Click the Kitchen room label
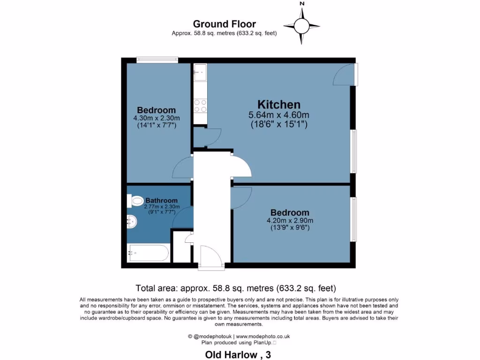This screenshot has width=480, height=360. point(279,105)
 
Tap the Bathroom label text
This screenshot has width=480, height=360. point(161,200)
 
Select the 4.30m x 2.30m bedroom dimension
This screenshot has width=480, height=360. point(157,118)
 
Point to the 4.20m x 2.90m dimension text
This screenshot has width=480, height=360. point(290,221)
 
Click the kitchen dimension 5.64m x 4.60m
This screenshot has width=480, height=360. point(279,115)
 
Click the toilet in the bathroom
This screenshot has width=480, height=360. point(135,201)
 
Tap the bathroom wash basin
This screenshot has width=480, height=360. point(132,221)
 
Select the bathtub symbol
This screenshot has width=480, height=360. point(148,254)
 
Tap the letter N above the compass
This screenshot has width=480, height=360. point(302,4)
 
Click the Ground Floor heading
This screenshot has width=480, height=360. point(225,24)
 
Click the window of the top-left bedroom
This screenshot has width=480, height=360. point(157,60)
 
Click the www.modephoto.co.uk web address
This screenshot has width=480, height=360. point(262,336)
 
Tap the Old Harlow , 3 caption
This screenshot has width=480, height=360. point(238,355)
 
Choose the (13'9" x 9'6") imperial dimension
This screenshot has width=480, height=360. point(290,228)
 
